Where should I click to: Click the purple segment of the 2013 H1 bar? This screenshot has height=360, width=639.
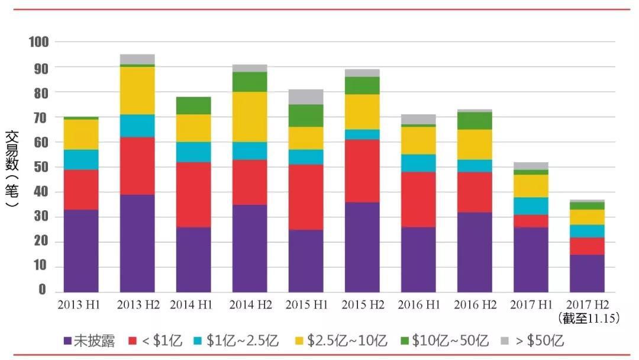point(81,250)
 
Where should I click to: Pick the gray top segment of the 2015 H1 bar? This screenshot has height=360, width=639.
point(306,97)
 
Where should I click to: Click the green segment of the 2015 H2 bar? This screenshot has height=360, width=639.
point(362,86)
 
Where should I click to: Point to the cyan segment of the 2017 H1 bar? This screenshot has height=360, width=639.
point(531,205)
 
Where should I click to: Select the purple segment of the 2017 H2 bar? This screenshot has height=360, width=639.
point(587,273)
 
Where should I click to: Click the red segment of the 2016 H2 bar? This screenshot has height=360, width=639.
point(475,192)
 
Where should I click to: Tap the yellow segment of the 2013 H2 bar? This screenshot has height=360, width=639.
point(137,90)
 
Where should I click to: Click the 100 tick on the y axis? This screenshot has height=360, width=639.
point(39,42)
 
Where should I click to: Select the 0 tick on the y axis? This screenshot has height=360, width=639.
point(43,290)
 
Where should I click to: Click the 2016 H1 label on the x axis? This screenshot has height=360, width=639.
point(418,305)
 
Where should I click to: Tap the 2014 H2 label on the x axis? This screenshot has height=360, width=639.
point(250,305)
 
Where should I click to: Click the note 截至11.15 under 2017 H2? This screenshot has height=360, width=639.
point(588,319)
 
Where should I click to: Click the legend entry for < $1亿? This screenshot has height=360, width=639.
point(155,341)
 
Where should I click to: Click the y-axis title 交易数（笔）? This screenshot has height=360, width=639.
point(11,169)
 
